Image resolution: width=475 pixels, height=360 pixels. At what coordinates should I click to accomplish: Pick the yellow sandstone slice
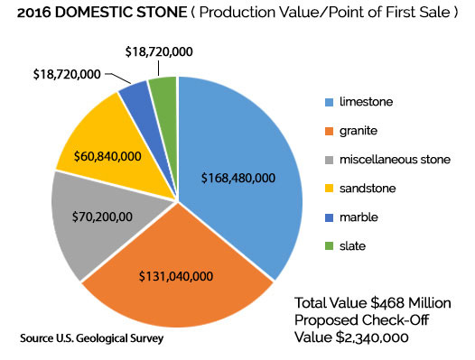tap(90, 135)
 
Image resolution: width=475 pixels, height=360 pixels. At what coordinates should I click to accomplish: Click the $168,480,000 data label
tap(238, 178)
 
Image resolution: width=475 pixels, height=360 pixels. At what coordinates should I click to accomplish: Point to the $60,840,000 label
tap(98, 156)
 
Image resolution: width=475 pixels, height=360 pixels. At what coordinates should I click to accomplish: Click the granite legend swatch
tap(330, 130)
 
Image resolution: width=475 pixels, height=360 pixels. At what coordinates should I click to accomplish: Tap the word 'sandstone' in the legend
tap(370, 189)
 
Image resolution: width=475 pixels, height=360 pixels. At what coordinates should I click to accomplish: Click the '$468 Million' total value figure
tap(412, 302)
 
